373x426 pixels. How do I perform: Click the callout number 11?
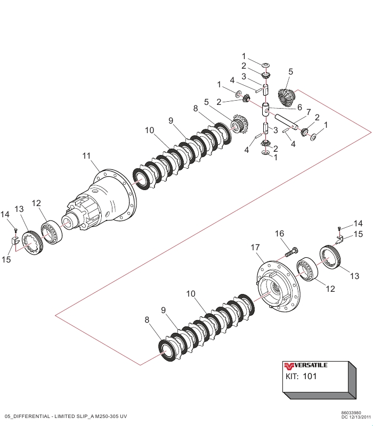(x=87, y=155)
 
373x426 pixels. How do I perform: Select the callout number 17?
(x=255, y=248)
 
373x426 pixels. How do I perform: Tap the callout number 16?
(x=279, y=234)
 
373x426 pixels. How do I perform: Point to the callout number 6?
(x=299, y=107)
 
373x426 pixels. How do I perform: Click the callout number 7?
(x=309, y=112)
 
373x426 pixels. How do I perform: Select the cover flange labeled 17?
(x=279, y=284)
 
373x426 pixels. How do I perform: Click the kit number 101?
(x=310, y=376)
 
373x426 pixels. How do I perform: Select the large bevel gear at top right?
(x=287, y=97)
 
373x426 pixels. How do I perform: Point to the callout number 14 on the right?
(x=358, y=224)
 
